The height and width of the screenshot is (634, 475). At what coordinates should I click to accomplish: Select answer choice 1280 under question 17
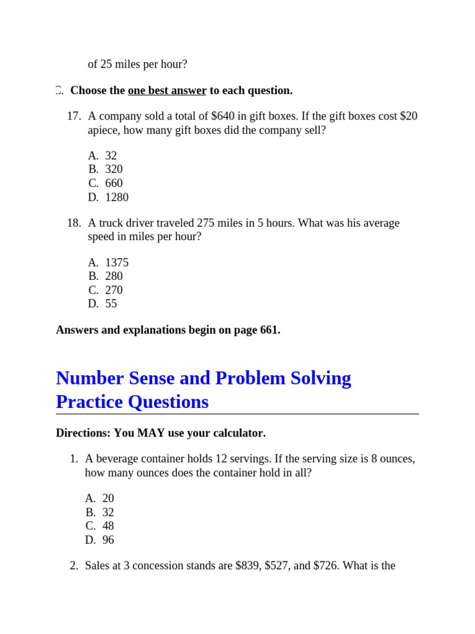[x=117, y=198]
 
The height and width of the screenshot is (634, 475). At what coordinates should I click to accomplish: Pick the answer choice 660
[x=114, y=183]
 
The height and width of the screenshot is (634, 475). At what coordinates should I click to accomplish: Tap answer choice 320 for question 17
[x=114, y=170]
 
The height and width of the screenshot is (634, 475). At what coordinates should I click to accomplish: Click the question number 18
[x=74, y=223]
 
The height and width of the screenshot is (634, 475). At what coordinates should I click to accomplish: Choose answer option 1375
[x=117, y=263]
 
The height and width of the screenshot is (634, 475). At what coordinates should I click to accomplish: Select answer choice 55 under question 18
[x=111, y=304]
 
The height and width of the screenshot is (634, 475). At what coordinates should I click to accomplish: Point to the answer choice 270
[x=114, y=290]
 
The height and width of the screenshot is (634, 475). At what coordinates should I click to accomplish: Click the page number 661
[x=265, y=330]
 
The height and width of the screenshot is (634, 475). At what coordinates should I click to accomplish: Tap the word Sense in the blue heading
[x=156, y=378]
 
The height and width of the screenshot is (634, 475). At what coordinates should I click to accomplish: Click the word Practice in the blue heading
[x=89, y=402]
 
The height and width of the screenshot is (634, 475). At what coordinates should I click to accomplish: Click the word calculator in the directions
[x=237, y=433]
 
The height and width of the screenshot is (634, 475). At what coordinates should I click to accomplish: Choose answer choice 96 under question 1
[x=108, y=540]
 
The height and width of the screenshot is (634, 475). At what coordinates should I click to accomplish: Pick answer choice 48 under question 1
[x=108, y=526]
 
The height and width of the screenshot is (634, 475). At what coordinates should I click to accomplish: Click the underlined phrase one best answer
[x=167, y=90]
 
